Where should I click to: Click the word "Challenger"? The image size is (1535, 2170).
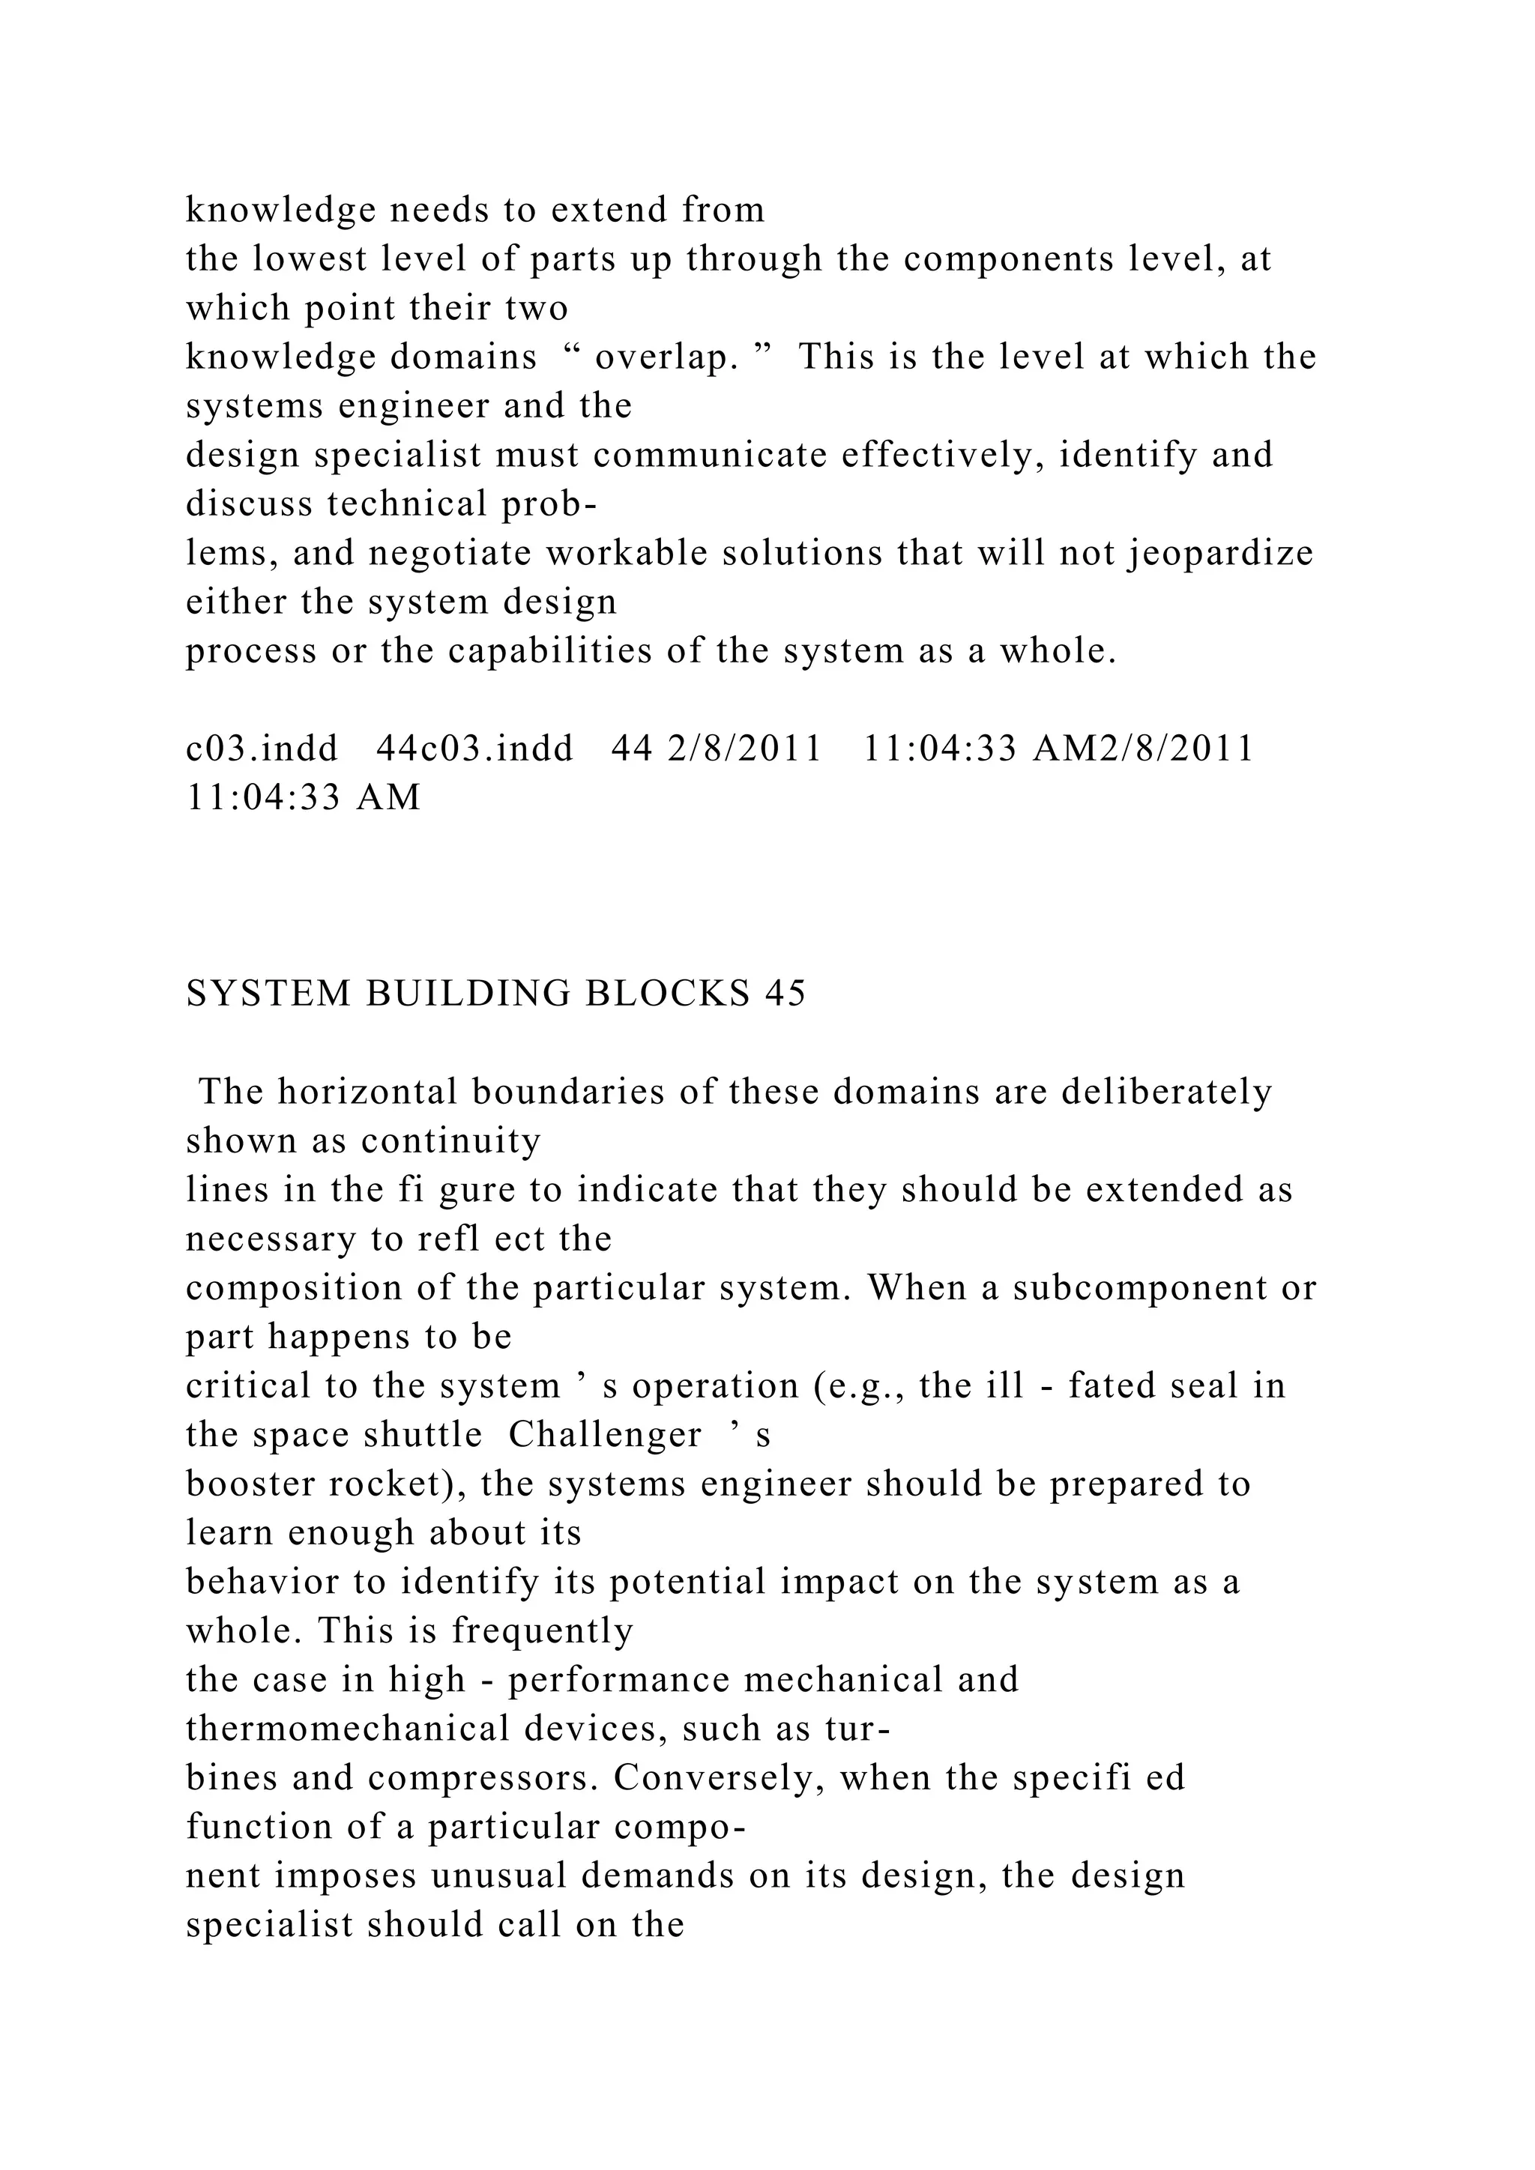click(605, 1435)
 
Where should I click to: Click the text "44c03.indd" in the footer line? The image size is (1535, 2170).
click(475, 749)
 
